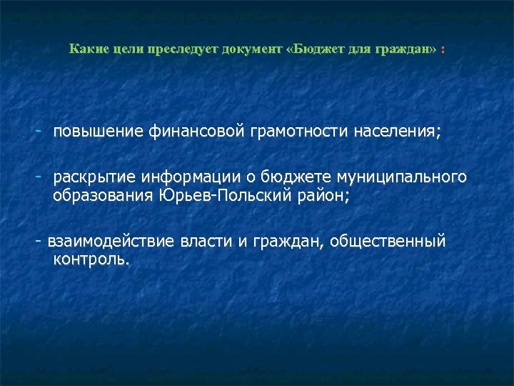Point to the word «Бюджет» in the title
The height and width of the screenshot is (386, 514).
point(321,49)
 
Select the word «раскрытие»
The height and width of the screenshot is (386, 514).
point(94,177)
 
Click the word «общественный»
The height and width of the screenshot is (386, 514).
point(390,242)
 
